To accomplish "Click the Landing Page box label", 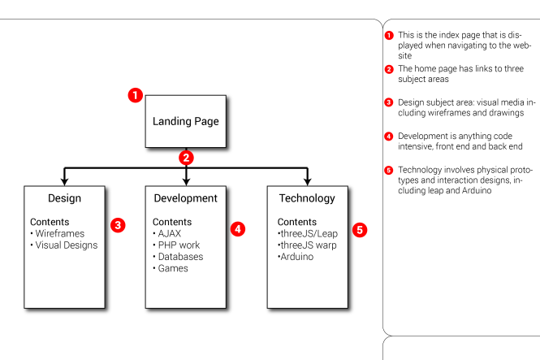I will tap(186, 122).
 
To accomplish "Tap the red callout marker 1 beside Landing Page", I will tap(136, 95).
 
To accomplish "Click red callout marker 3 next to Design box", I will tap(118, 224).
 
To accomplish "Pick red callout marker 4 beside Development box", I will tap(238, 229).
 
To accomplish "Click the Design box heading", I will tap(64, 198).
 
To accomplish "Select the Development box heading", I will tap(185, 198).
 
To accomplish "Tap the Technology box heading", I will tap(306, 198).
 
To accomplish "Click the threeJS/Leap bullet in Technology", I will tap(309, 233).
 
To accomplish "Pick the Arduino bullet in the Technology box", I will tap(298, 257).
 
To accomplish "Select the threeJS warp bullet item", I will tap(309, 245).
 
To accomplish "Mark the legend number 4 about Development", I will tap(389, 135).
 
